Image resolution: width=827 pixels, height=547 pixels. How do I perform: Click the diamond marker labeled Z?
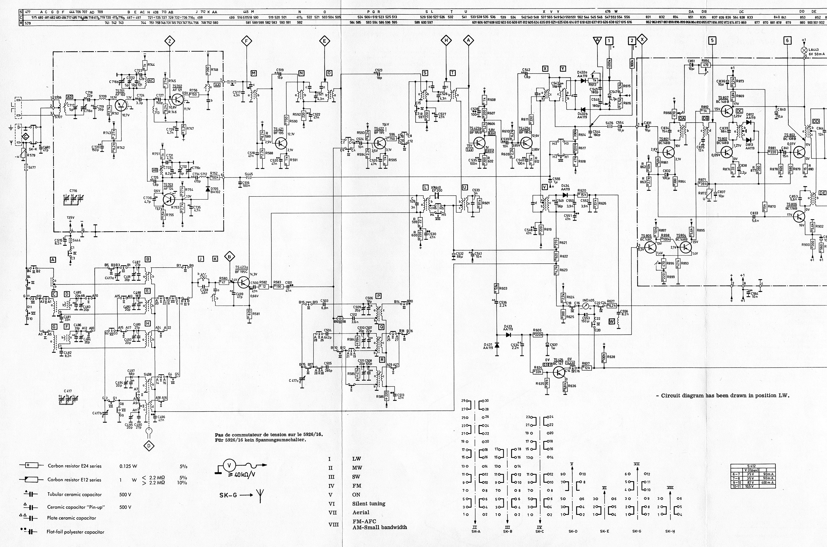click(x=170, y=41)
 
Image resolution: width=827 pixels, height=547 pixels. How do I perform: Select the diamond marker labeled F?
click(x=246, y=41)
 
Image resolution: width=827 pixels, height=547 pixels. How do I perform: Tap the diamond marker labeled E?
click(x=324, y=41)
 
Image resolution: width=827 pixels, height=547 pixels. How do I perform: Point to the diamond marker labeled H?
click(x=446, y=41)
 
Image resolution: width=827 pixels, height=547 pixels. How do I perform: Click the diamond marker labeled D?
click(x=149, y=446)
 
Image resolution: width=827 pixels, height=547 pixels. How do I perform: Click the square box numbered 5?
click(x=712, y=41)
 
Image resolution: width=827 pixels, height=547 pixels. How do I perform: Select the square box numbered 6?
click(x=787, y=41)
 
